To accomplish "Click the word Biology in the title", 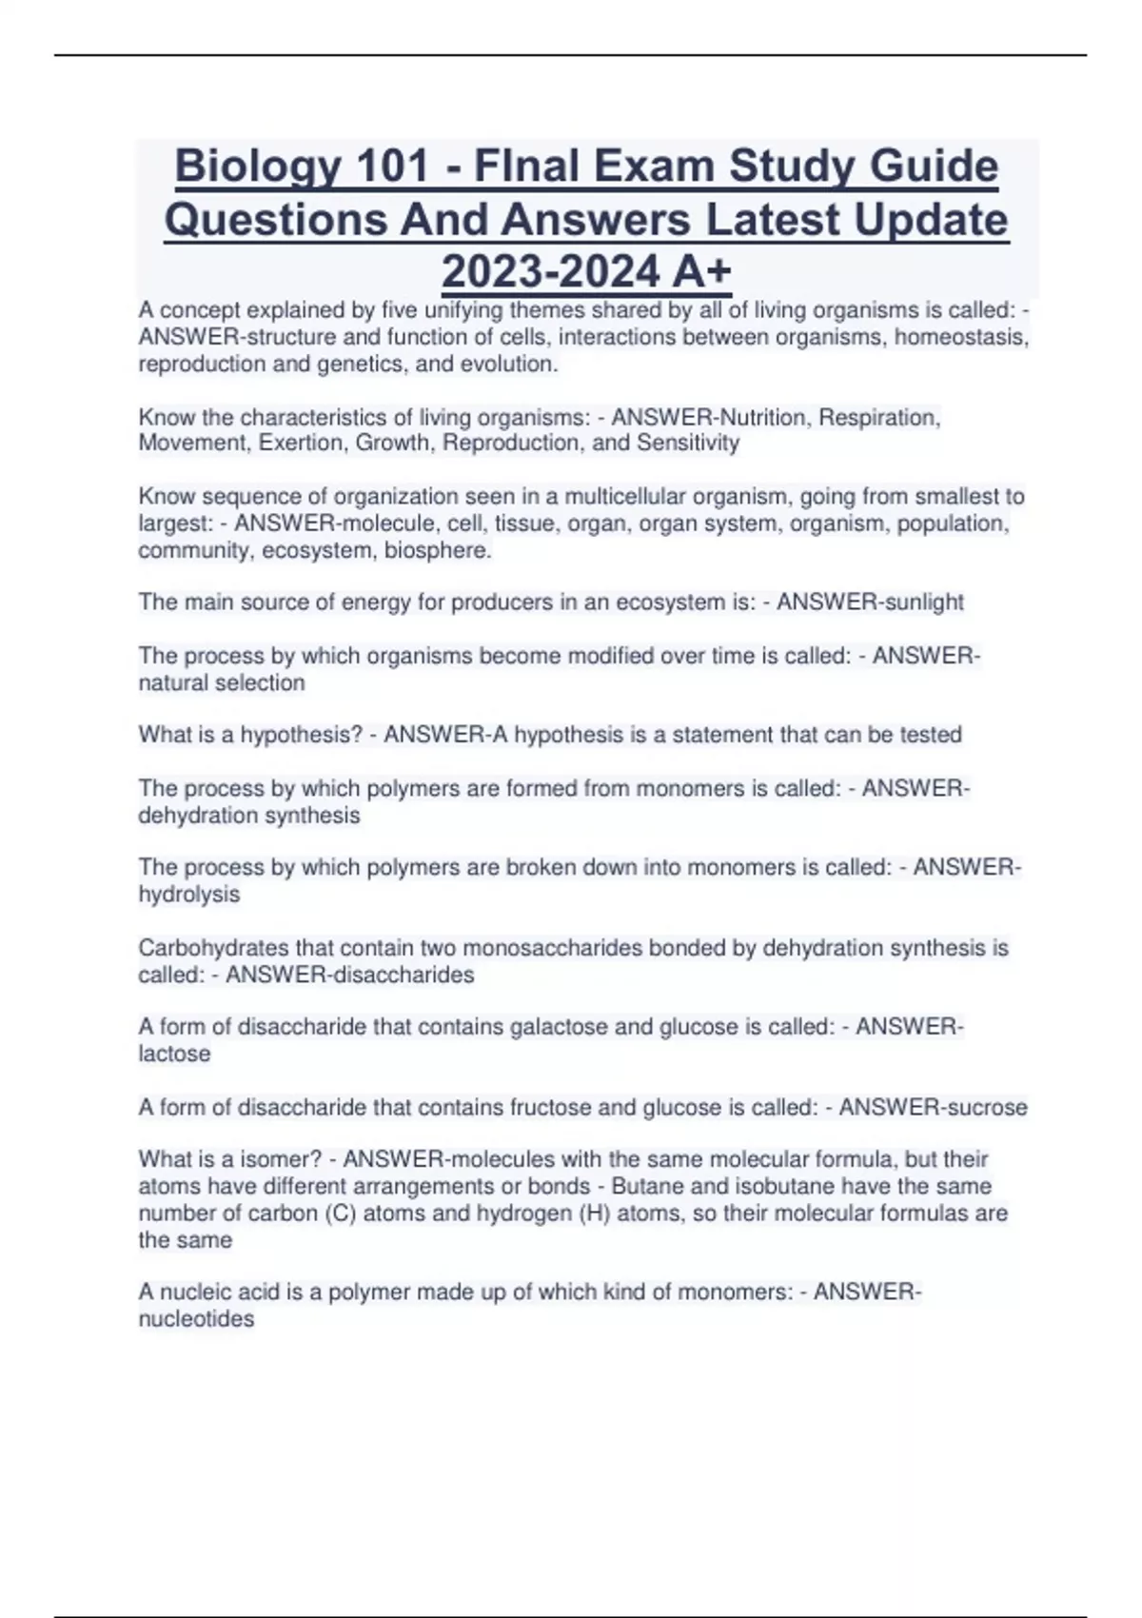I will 257,168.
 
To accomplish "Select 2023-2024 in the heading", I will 550,272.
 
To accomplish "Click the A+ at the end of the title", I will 701,272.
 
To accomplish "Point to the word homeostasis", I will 961,337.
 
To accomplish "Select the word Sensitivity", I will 688,443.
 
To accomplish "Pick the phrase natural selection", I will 222,682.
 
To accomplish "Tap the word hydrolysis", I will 189,895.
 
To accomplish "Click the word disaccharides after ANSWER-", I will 405,975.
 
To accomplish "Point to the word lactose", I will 174,1054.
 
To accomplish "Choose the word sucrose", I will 986,1107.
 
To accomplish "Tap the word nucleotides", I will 196,1319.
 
